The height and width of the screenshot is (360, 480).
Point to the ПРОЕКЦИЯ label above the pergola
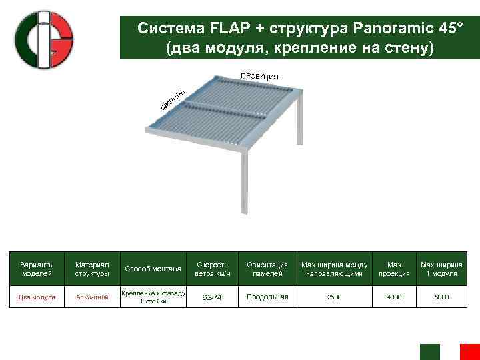(x=259, y=77)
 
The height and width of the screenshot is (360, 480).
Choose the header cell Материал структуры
(x=93, y=269)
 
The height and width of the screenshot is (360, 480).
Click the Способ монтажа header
(x=153, y=269)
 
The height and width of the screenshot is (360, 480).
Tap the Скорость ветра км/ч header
(x=213, y=269)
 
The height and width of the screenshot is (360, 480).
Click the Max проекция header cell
(x=394, y=269)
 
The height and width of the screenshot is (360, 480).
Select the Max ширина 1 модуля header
(x=441, y=269)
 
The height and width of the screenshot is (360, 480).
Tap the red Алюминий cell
(x=93, y=297)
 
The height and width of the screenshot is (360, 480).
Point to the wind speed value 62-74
(x=213, y=297)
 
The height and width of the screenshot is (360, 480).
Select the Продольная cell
(x=267, y=297)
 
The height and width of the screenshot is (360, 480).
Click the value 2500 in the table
(x=334, y=297)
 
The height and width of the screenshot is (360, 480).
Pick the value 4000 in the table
(x=394, y=297)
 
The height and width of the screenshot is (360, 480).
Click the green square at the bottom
(x=430, y=352)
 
